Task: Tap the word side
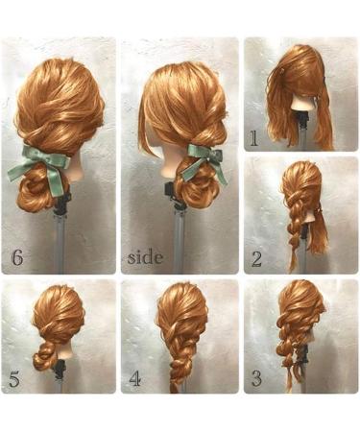145,257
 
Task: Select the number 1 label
253,138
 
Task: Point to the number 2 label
257,257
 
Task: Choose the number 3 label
256,378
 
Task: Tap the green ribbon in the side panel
204,159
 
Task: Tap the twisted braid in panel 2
294,226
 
